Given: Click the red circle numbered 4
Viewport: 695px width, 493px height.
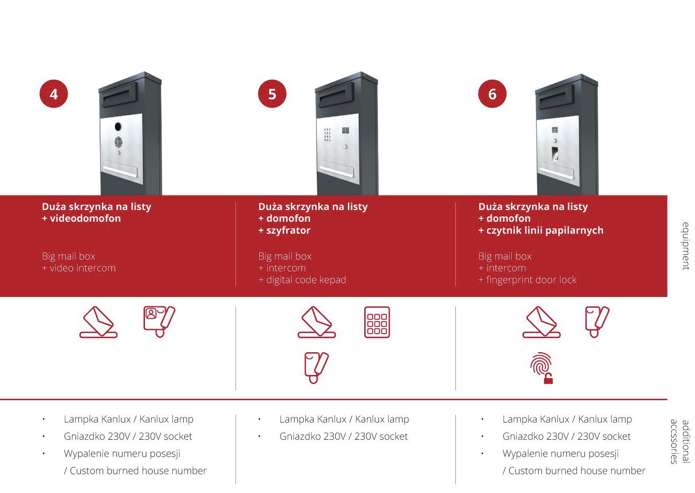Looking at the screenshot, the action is tap(54, 94).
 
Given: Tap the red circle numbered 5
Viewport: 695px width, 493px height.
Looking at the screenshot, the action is tap(272, 94).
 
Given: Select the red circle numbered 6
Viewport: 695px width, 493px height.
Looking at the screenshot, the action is tap(492, 94).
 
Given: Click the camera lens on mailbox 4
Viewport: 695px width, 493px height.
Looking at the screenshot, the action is tap(118, 127).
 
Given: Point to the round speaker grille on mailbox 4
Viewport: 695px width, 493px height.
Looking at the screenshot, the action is tap(118, 142).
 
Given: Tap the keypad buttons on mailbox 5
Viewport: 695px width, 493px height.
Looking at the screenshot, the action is tap(328, 135).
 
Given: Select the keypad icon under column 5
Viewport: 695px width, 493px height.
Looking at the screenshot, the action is tap(377, 322).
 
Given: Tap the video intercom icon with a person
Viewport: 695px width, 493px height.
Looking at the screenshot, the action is tap(159, 321).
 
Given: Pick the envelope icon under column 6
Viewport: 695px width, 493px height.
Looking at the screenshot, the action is tap(541, 322).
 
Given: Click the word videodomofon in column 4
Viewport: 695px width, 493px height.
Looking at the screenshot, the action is tap(85, 219).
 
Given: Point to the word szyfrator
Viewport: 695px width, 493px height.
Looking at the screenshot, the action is tap(288, 231).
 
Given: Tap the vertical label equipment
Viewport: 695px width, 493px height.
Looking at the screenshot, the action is tap(686, 246).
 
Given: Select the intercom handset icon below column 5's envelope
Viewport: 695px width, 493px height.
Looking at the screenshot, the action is tap(317, 368).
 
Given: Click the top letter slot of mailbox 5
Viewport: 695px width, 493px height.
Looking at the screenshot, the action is tap(337, 98).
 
